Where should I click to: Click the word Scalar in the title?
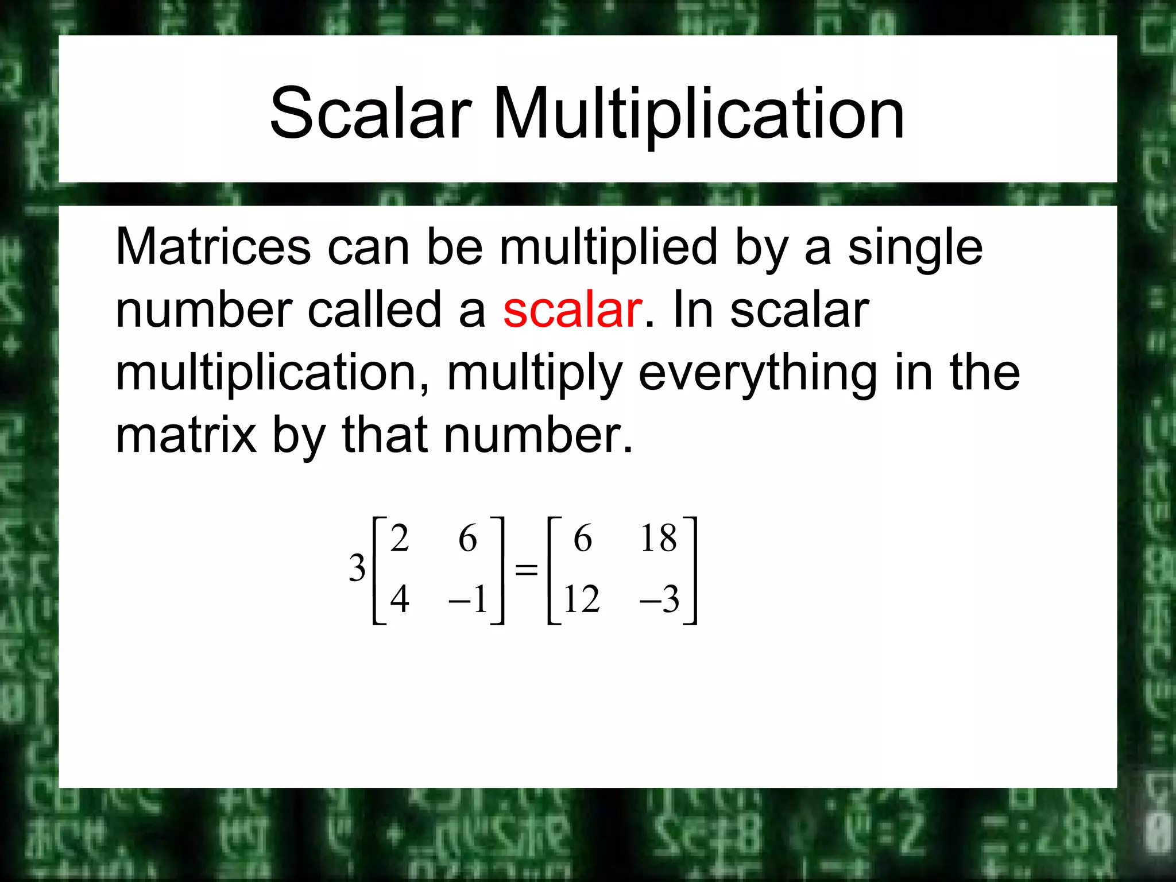(370, 113)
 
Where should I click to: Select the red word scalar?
(572, 311)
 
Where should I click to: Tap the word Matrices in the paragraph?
(213, 247)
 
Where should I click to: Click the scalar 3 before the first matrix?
(357, 568)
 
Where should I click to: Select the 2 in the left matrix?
(400, 539)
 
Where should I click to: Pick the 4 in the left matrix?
(400, 599)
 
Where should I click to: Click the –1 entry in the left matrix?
(469, 599)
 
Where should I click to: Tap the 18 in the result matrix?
(659, 539)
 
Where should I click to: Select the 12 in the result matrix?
(582, 599)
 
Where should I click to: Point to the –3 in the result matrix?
(660, 599)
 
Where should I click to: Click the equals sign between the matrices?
(526, 570)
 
